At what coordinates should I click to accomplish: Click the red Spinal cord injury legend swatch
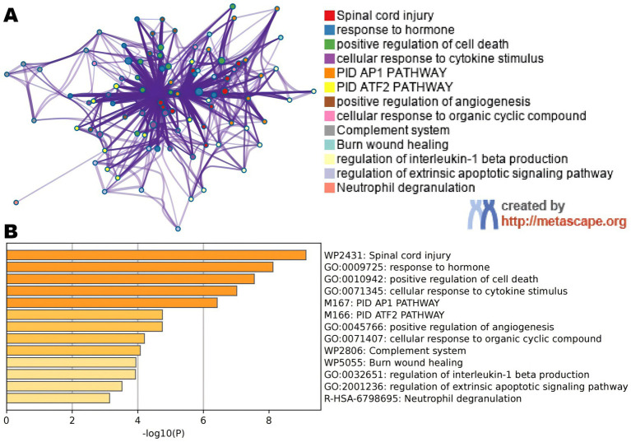[329, 16]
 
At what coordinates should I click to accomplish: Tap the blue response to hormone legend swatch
[329, 30]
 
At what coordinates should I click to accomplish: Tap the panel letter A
[12, 16]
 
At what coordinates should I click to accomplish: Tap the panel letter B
[12, 232]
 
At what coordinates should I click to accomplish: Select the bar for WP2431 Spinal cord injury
[156, 255]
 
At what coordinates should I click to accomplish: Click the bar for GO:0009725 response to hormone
[140, 267]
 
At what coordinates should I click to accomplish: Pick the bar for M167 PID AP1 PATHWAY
[112, 302]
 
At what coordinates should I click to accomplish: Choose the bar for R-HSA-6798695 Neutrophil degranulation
[58, 398]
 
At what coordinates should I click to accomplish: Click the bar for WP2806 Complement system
[73, 350]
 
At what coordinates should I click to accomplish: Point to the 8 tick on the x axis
[269, 420]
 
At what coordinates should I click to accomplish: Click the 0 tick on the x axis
[7, 420]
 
